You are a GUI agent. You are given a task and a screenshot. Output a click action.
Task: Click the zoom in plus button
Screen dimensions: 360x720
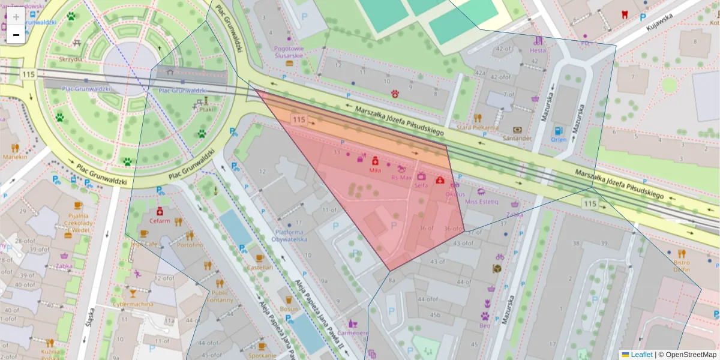coord(16,16)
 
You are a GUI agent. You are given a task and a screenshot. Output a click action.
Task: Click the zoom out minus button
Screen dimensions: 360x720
coord(16,35)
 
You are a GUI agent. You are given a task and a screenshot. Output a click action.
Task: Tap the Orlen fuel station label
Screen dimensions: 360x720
coord(558,140)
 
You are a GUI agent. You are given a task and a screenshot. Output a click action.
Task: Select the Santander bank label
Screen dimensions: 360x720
coord(518,138)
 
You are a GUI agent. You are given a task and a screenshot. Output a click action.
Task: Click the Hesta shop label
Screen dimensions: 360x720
coord(538,50)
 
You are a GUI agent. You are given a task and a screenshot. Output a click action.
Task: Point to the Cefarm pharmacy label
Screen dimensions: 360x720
coord(160,220)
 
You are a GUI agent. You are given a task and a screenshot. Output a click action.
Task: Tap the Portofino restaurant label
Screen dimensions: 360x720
coord(190,245)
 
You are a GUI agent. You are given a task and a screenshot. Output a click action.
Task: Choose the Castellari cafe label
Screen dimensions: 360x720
coord(260,267)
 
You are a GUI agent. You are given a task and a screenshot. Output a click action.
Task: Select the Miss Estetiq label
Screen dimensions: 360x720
coord(481,202)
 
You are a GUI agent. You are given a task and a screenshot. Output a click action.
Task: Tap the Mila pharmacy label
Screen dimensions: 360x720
coord(376,170)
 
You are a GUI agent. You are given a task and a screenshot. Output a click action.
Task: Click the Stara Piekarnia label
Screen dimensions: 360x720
coord(478,127)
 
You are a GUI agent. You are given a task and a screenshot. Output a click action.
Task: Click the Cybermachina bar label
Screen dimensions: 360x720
coord(133,304)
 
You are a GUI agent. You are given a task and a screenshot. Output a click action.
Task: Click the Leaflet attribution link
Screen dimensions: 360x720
coord(641,355)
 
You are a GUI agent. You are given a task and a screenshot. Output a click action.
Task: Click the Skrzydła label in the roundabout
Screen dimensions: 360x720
coord(71,59)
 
